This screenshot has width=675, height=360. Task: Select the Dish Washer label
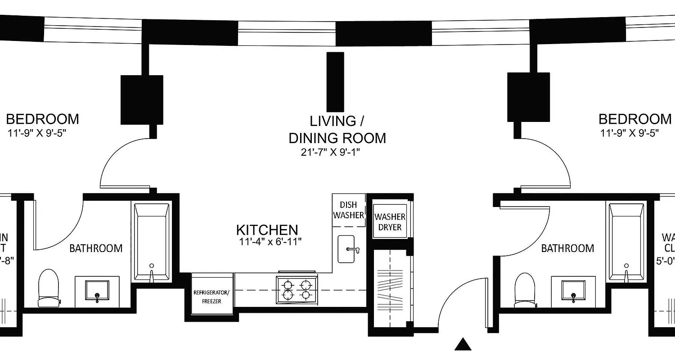[348, 210]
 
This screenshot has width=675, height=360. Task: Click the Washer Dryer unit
[390, 221]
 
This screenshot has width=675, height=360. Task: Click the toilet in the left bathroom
[49, 288]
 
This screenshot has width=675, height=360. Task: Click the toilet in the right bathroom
[525, 290]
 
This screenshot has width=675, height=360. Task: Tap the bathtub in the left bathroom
[152, 243]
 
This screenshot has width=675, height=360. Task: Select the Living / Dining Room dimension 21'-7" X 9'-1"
[331, 153]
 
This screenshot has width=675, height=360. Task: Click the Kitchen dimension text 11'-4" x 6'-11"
[270, 242]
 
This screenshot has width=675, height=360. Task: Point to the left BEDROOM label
[42, 119]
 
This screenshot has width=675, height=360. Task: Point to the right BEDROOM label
[634, 119]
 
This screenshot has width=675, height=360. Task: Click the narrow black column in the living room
[335, 81]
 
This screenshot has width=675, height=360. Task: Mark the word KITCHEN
[267, 230]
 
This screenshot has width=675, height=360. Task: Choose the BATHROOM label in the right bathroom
[567, 248]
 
